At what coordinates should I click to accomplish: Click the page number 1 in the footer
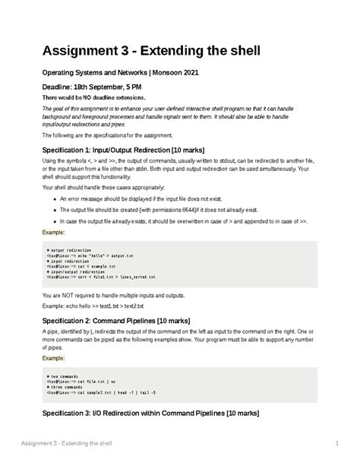point(335,442)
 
